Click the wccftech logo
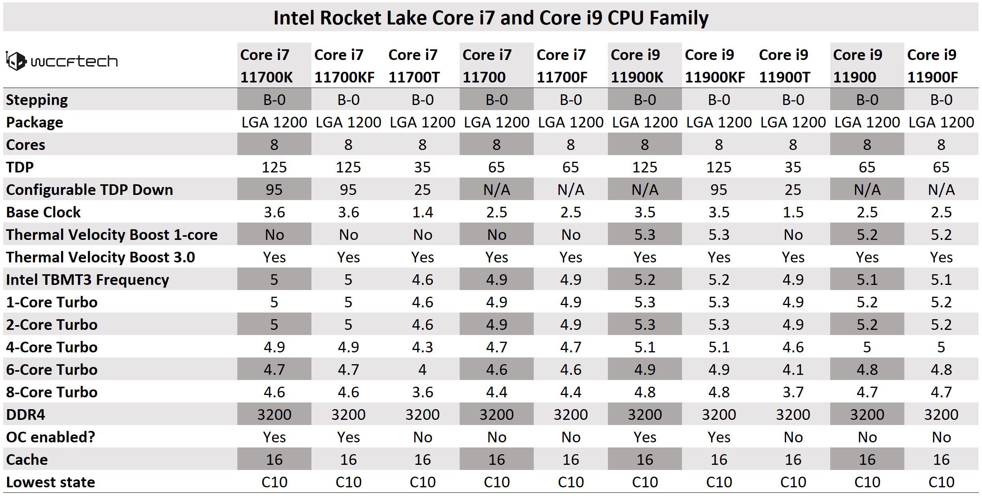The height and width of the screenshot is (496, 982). coord(62,62)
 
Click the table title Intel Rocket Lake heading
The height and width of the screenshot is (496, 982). coord(491,18)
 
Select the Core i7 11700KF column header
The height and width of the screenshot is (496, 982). coord(344,66)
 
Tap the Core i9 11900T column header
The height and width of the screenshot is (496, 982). coord(784,66)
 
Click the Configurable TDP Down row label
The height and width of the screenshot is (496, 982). coord(89,190)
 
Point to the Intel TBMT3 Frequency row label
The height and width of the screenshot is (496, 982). coord(88,280)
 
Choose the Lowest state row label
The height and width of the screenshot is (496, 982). coord(50,482)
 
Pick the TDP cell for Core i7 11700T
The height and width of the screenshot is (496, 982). coord(422,167)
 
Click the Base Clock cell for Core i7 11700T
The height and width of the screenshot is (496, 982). coord(422,212)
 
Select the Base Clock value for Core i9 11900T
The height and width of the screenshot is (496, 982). coord(793,212)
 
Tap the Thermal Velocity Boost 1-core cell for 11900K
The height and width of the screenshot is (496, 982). coord(645,235)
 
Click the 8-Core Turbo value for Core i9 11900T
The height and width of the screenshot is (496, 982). coord(793,392)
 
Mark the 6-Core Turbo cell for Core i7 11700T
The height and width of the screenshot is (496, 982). coord(422,370)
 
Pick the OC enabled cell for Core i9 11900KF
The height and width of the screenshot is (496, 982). coord(719,437)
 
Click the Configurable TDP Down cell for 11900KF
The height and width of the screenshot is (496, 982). coord(719,190)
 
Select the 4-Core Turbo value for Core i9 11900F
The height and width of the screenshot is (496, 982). coord(941,347)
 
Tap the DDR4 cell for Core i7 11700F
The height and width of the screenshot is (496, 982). coord(570,415)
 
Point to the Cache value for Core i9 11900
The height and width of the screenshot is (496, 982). coord(867,460)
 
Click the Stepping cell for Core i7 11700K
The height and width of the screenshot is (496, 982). coord(274,100)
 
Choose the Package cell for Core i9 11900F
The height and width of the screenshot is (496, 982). coord(941,122)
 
